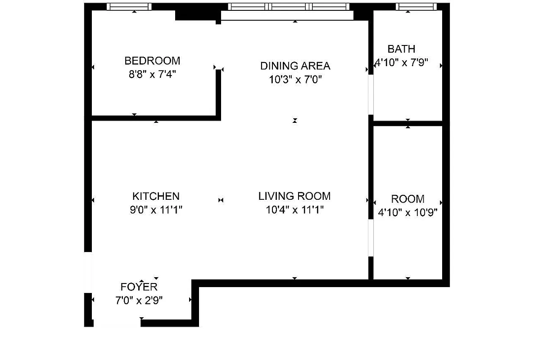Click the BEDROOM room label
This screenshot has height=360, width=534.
click(152, 60)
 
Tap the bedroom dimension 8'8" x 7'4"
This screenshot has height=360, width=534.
click(152, 74)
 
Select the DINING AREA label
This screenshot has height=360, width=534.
click(295, 66)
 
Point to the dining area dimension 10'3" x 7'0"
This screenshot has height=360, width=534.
click(295, 80)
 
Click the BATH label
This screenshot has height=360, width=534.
click(401, 49)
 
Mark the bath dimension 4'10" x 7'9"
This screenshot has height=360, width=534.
click(401, 63)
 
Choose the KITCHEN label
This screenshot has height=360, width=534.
click(156, 196)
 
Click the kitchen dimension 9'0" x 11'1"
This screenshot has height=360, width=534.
click(156, 210)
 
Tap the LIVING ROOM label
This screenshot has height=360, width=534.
click(294, 196)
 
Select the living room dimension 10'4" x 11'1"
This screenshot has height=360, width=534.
click(294, 210)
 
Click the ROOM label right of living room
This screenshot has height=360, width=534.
click(407, 199)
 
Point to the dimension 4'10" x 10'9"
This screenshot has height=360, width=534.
click(407, 212)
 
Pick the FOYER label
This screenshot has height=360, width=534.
click(139, 287)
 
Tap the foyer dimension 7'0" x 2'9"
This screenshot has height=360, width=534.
click(139, 300)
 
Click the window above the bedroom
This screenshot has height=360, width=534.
click(129, 6)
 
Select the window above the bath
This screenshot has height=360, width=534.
click(416, 6)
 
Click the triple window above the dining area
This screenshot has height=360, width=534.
click(289, 6)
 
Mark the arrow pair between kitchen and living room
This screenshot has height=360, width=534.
click(221, 200)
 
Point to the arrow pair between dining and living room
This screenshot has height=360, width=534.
click(295, 120)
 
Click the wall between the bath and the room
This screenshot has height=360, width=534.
click(408, 123)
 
